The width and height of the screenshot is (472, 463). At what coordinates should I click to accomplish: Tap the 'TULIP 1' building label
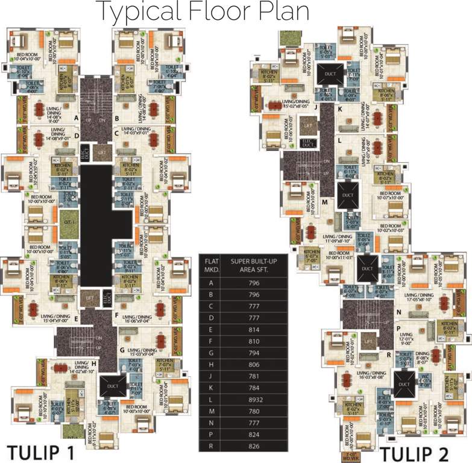click(41, 452)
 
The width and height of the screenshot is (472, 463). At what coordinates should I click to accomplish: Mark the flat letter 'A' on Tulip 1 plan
click(77, 118)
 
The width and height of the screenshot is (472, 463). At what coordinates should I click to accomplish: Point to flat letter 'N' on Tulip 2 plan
click(398, 312)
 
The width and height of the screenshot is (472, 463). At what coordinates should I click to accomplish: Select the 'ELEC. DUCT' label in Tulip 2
click(309, 143)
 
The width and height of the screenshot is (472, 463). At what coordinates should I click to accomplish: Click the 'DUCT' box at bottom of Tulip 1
click(115, 384)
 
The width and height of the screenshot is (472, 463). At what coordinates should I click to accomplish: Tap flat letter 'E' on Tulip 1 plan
click(76, 319)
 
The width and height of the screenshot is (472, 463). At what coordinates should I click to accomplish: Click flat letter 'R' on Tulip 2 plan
click(389, 354)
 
